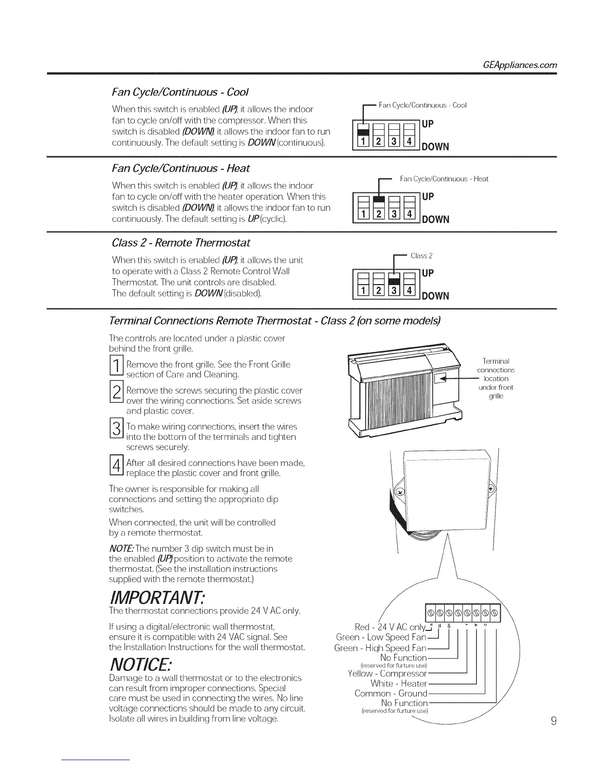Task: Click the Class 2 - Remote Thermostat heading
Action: click(181, 242)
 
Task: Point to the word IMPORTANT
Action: click(157, 598)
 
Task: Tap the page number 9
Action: click(553, 721)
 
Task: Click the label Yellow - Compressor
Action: click(387, 673)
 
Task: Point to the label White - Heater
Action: click(398, 683)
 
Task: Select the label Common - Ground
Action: click(391, 694)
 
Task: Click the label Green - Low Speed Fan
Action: click(381, 638)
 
